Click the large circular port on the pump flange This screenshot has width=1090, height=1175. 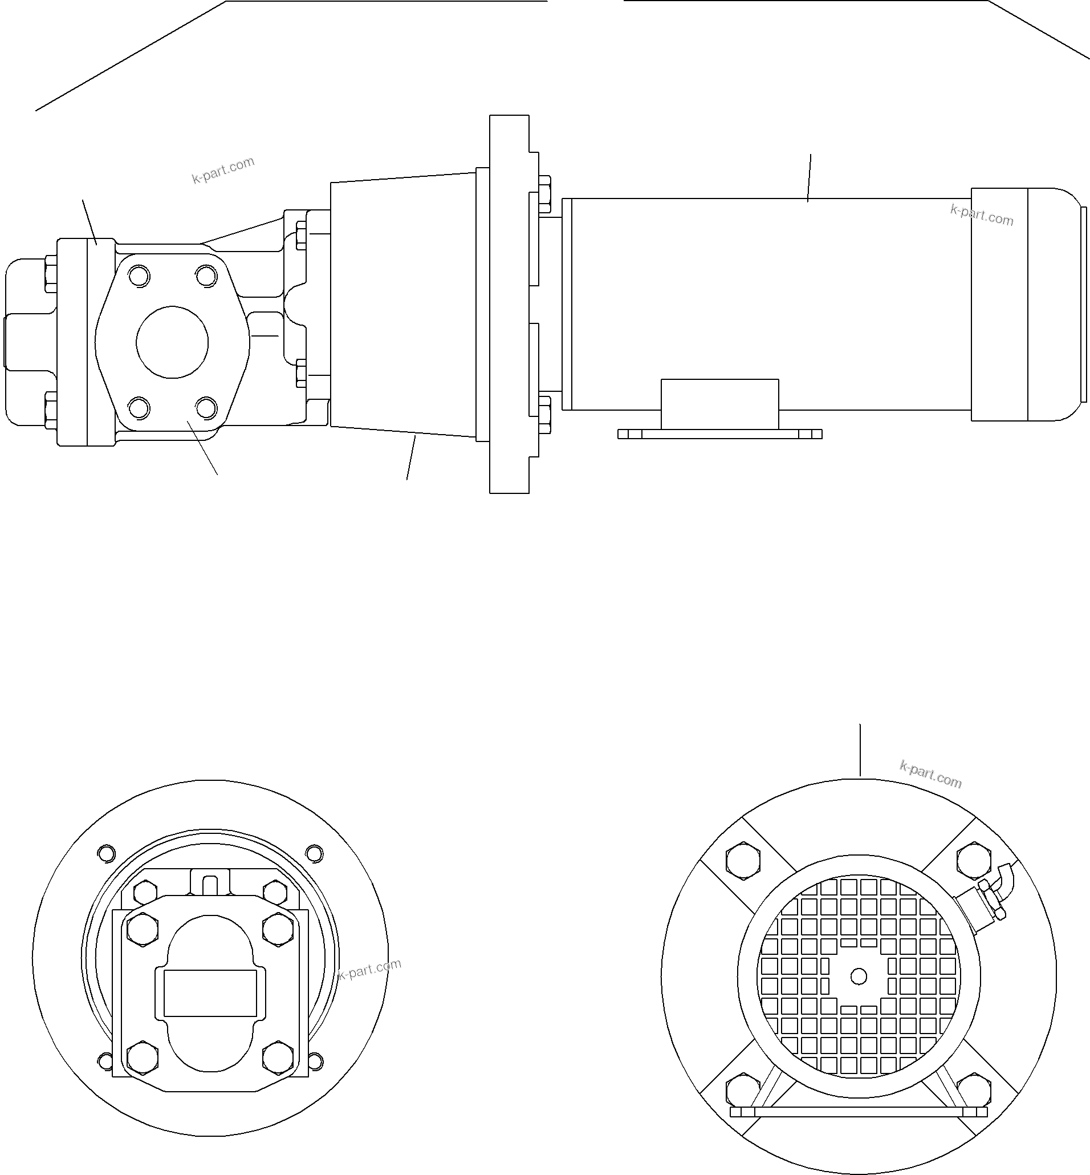pos(172,342)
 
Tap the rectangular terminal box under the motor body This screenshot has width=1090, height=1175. pos(719,404)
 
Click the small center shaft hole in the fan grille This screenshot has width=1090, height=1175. pos(859,977)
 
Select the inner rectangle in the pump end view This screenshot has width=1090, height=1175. pos(210,992)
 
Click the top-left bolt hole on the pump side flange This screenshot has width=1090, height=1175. pos(139,276)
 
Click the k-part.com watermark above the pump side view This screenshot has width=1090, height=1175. pos(223,170)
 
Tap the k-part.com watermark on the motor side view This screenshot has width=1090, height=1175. pos(982,216)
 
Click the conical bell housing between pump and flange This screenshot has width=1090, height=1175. pos(402,304)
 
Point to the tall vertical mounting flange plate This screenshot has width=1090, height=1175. pos(509,304)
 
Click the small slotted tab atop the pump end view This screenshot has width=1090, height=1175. pos(210,885)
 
